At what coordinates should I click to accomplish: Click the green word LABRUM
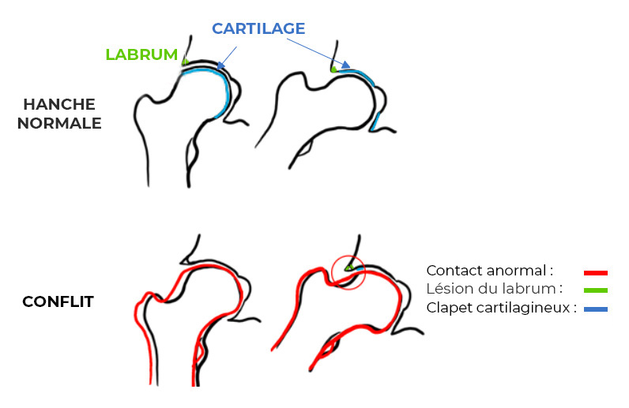(141, 54)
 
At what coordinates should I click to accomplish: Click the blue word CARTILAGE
(258, 28)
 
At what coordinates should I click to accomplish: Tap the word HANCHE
(59, 104)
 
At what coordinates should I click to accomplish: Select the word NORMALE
(59, 123)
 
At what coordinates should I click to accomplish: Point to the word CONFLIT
(58, 301)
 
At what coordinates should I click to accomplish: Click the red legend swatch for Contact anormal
(596, 272)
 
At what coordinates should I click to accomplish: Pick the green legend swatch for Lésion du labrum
(596, 290)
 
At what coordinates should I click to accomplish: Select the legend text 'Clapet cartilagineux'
(502, 309)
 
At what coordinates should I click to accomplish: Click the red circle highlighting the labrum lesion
(348, 271)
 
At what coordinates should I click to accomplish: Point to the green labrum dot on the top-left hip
(184, 62)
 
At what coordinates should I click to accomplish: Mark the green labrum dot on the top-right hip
(333, 69)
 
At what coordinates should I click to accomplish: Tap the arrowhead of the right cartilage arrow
(345, 65)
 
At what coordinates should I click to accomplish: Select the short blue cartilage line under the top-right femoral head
(376, 122)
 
